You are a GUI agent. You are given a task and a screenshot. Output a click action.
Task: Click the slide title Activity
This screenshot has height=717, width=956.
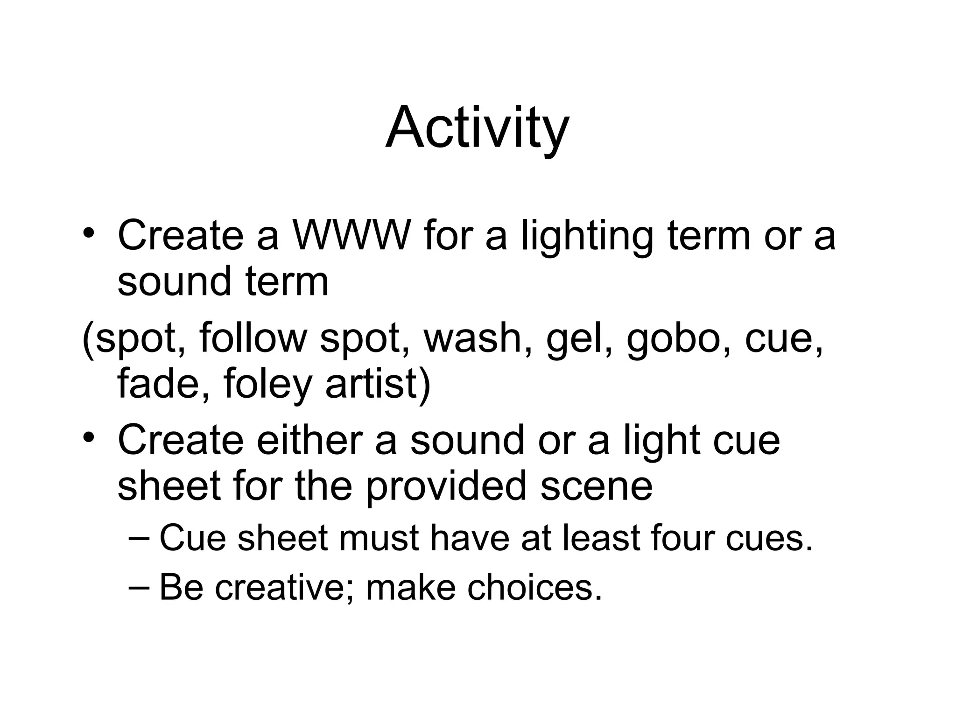477,128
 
